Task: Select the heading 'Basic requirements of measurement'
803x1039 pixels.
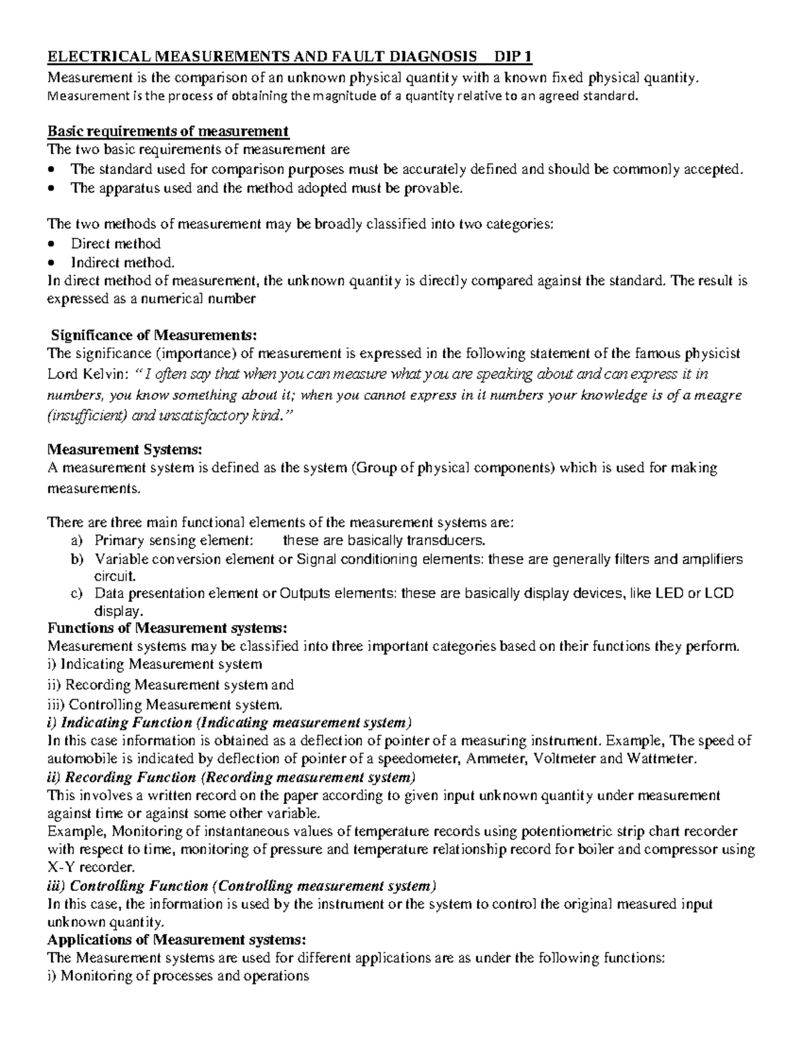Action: pyautogui.click(x=167, y=130)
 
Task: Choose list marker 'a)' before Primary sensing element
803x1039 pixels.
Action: pyautogui.click(x=77, y=541)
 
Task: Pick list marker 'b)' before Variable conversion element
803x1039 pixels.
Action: pyautogui.click(x=77, y=559)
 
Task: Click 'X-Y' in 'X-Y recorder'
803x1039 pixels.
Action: pyautogui.click(x=60, y=868)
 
